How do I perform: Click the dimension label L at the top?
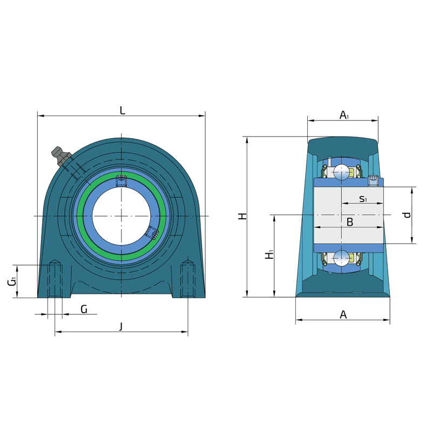(x=123, y=111)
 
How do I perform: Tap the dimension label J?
(x=121, y=327)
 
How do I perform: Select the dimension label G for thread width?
(x=84, y=309)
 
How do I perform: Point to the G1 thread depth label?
(x=12, y=282)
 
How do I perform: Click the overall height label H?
(x=242, y=216)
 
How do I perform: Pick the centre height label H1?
(x=269, y=254)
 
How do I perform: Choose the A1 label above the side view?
(x=344, y=115)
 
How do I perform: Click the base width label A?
(x=343, y=314)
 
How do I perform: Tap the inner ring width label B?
(x=349, y=222)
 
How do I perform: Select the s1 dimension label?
(x=363, y=198)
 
